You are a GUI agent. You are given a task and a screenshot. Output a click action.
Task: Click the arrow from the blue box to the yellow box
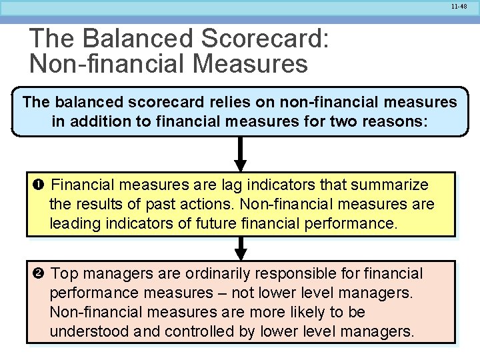coord(241,155)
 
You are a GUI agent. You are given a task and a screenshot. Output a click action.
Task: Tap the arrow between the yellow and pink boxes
coord(241,249)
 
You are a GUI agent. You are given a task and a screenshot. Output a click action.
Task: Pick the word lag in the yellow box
coord(204,185)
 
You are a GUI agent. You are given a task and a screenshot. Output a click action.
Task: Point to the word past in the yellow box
coord(157,204)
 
